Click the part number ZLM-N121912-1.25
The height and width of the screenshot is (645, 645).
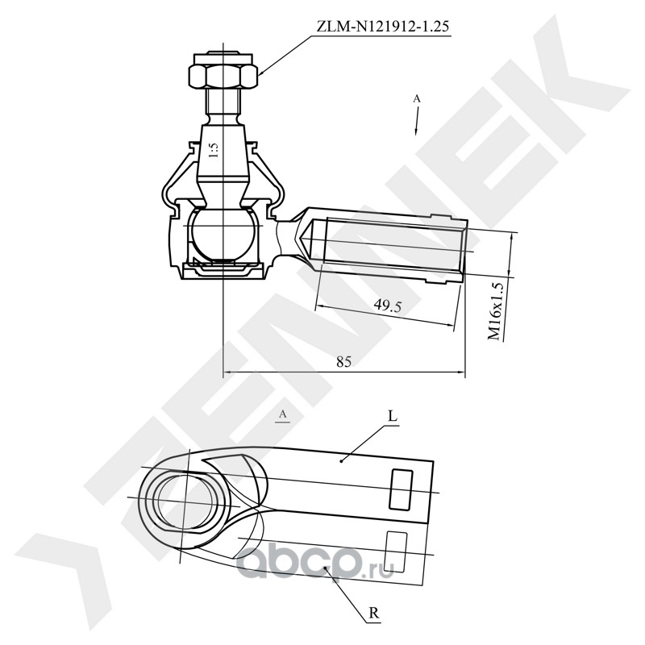(382, 27)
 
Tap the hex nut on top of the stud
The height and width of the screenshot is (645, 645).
(223, 75)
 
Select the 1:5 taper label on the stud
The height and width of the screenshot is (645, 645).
(214, 151)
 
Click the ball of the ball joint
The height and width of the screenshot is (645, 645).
(223, 235)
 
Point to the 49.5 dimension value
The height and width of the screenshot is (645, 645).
(387, 306)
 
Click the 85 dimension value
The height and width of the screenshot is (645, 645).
(344, 361)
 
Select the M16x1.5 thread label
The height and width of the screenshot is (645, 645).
(496, 311)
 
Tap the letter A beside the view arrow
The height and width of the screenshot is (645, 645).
(417, 98)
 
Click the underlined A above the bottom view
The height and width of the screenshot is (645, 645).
(283, 414)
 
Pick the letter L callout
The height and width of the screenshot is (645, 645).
(393, 417)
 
